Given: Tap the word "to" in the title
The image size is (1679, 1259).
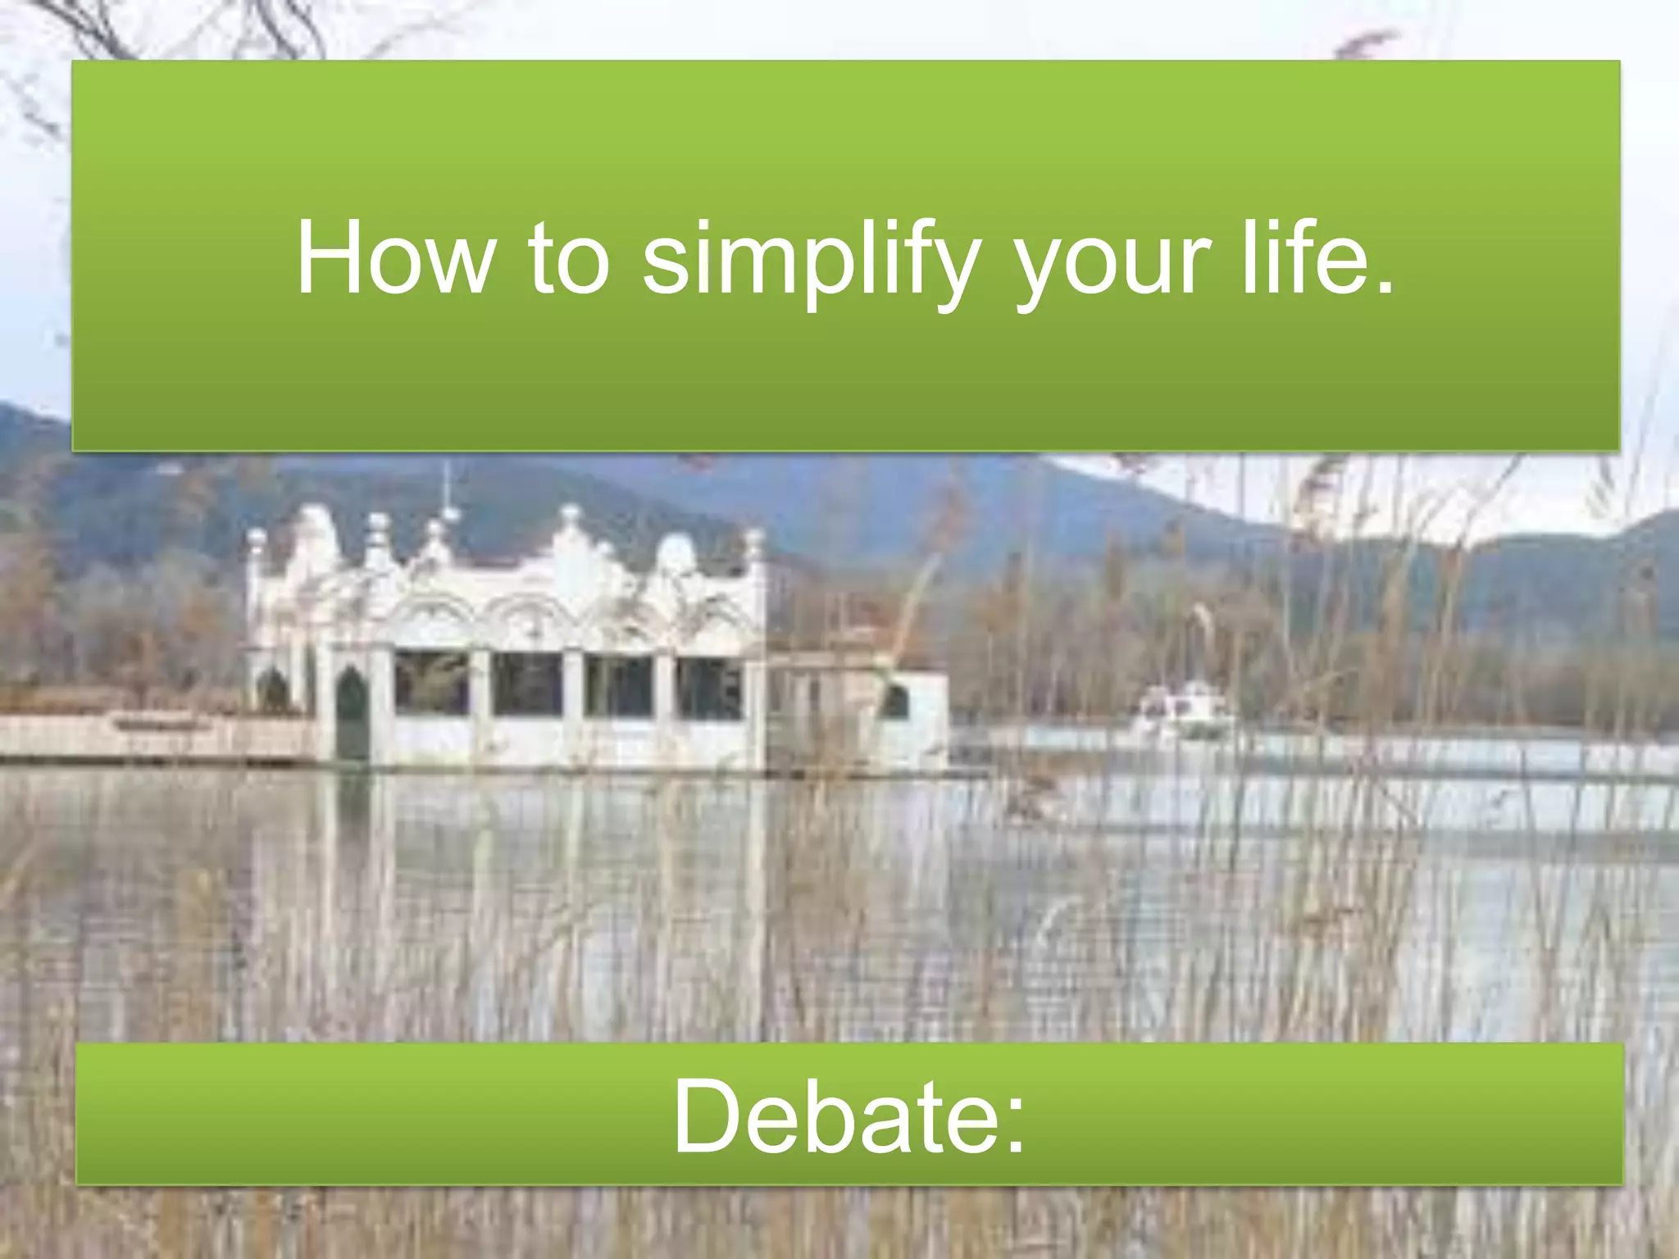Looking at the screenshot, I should (x=569, y=258).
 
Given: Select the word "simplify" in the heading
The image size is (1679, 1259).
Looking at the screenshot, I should (x=811, y=261).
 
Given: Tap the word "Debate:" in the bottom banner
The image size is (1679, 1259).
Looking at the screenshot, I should (x=849, y=1116).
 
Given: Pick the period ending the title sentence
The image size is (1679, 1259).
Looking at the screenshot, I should (x=1384, y=285).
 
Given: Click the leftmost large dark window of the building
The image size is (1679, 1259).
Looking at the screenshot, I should (x=431, y=682).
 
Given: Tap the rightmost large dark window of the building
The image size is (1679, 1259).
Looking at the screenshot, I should (x=710, y=687).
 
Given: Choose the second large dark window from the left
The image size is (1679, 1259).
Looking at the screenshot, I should (x=527, y=683).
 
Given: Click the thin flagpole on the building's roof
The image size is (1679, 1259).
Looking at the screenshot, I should (x=447, y=489).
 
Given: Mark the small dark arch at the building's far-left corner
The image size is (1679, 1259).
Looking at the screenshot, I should (x=273, y=690).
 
